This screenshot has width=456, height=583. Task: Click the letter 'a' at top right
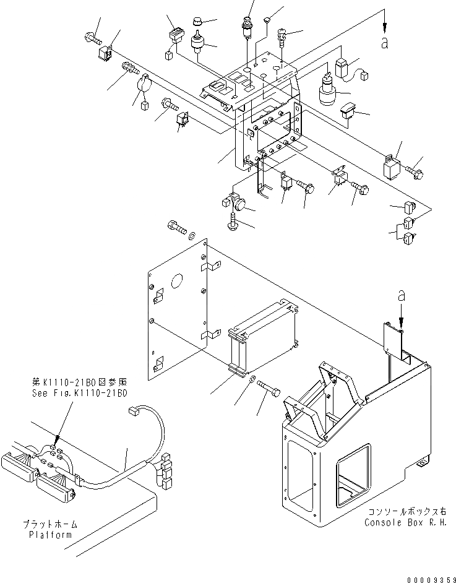coord(385,43)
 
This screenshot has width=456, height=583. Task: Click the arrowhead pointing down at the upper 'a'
coord(385,28)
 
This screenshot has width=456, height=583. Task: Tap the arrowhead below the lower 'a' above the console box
coord(401,322)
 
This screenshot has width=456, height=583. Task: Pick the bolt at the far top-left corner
coord(90,39)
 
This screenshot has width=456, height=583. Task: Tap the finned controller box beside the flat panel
coord(265,334)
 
